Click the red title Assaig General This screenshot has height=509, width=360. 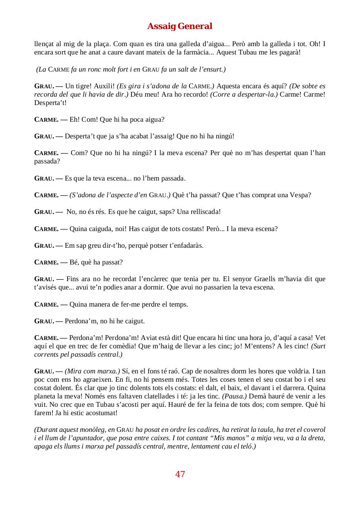tap(180, 26)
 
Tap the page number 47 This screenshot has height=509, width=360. tap(180, 474)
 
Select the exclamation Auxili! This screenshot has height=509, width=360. tap(105, 86)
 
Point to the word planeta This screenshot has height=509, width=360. tap(46, 396)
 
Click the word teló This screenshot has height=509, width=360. tap(245, 446)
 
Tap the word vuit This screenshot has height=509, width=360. tap(41, 404)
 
